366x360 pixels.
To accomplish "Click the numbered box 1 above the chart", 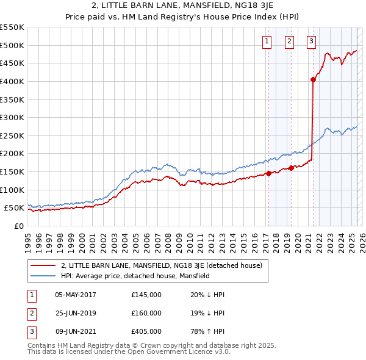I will tap(267, 41).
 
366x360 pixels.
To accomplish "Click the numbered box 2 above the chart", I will tap(289, 41).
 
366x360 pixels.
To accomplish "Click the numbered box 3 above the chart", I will tap(311, 41).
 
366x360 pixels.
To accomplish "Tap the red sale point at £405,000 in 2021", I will tap(313, 79).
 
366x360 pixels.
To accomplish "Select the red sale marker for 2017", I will tap(268, 173).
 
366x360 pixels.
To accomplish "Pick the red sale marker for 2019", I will tap(291, 168).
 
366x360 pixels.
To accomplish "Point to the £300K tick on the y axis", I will tap(12, 117).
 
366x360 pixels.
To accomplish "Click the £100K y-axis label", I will tap(12, 190).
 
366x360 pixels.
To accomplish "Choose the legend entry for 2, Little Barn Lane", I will tap(162, 265).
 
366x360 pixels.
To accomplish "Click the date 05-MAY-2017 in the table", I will tap(76, 295).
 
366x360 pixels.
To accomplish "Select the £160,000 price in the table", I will tap(146, 313).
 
